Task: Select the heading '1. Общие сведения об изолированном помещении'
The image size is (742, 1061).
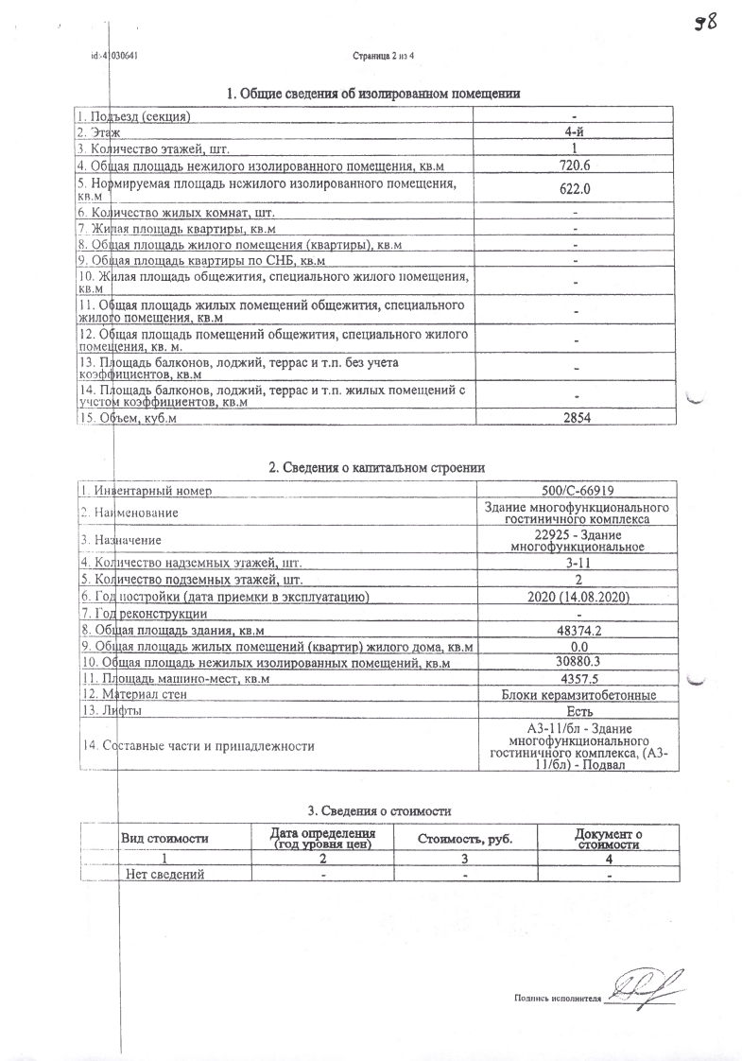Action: (373, 94)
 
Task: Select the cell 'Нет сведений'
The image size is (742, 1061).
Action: (165, 875)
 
